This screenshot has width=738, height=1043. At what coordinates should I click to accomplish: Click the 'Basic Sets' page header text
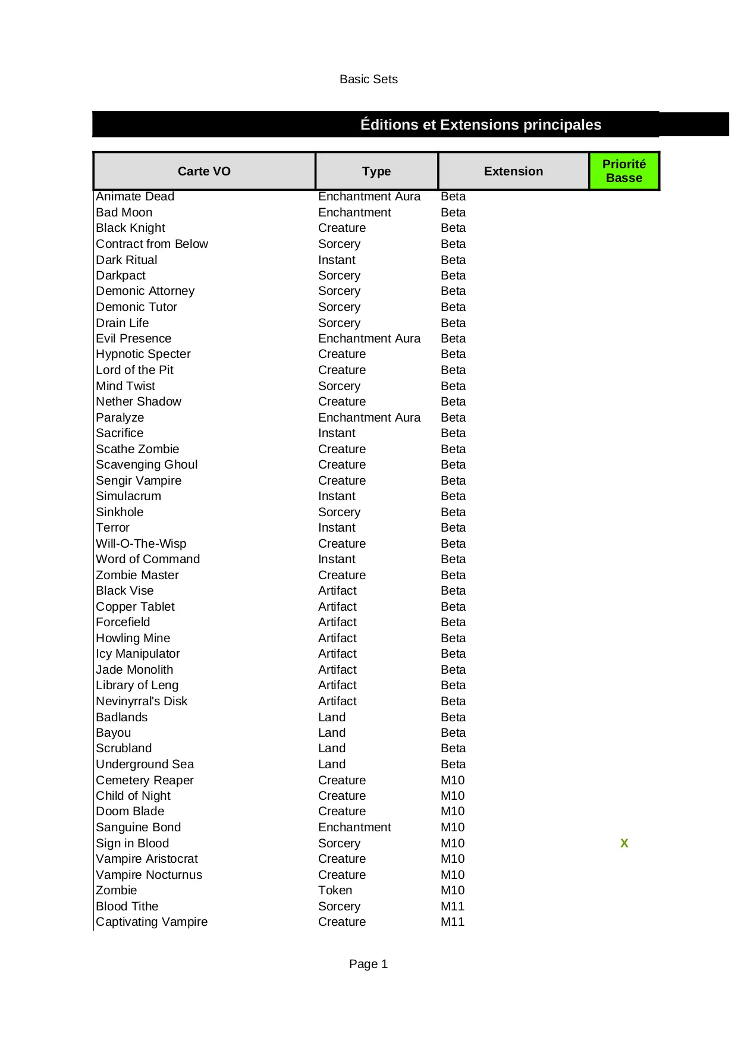pyautogui.click(x=368, y=79)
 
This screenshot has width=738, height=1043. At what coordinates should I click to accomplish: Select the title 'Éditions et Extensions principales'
pyautogui.click(x=481, y=124)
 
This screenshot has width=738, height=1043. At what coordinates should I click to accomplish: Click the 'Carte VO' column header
pyautogui.click(x=204, y=171)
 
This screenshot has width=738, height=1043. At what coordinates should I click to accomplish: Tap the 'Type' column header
pyautogui.click(x=376, y=171)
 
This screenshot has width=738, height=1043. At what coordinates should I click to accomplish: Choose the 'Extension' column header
pyautogui.click(x=513, y=171)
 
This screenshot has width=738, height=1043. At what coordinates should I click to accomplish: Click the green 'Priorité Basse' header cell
pyautogui.click(x=624, y=171)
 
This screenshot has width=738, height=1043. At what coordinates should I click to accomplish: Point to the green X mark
pyautogui.click(x=624, y=843)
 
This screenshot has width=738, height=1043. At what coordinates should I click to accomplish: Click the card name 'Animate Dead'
pyautogui.click(x=135, y=196)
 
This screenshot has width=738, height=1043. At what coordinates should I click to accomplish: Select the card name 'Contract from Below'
pyautogui.click(x=152, y=244)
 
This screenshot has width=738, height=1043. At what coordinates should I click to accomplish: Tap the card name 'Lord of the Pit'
pyautogui.click(x=134, y=370)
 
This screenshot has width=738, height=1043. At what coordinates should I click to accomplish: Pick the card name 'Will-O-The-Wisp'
pyautogui.click(x=141, y=544)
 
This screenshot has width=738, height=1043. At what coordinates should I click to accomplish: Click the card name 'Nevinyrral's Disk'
pyautogui.click(x=142, y=701)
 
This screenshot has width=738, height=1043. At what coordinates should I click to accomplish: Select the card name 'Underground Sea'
pyautogui.click(x=145, y=764)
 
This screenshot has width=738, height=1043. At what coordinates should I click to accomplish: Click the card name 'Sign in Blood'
pyautogui.click(x=132, y=843)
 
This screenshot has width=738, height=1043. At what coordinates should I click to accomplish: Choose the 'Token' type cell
pyautogui.click(x=335, y=890)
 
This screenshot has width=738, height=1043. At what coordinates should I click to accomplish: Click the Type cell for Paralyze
pyautogui.click(x=369, y=417)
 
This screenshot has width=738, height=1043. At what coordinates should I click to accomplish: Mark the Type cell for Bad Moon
pyautogui.click(x=354, y=212)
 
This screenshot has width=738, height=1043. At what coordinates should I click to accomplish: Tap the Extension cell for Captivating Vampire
pyautogui.click(x=452, y=922)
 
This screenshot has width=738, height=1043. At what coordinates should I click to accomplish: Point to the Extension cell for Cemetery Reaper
pyautogui.click(x=452, y=780)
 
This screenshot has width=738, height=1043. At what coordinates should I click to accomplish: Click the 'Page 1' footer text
pyautogui.click(x=368, y=964)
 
